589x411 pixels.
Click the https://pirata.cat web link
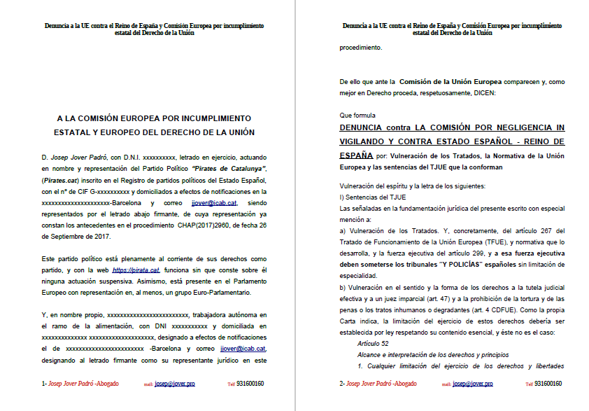[136, 270]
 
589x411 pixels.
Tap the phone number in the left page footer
[250, 384]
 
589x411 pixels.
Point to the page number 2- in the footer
[342, 384]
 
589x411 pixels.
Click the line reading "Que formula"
[357, 115]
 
